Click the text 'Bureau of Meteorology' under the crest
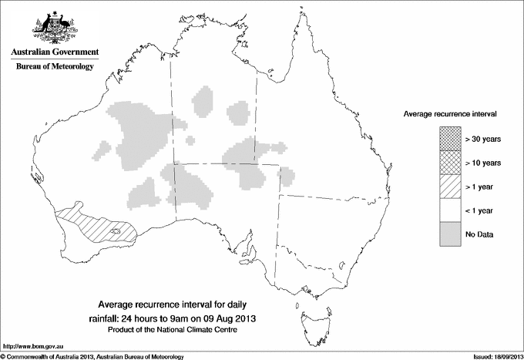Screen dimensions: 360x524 [55, 66]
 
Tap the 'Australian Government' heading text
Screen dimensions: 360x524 [55, 52]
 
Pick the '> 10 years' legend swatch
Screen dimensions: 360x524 [450, 163]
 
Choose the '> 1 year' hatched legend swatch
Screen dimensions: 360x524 [450, 187]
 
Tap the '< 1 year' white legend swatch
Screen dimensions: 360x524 [450, 210]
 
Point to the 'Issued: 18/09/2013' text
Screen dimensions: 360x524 [492, 355]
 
